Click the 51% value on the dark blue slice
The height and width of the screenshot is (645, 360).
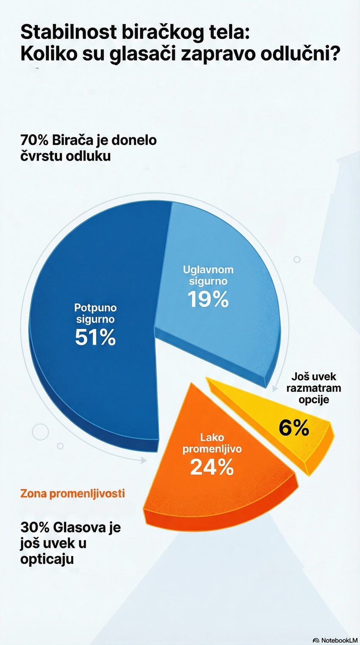(x=95, y=338)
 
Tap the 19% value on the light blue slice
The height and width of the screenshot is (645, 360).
(x=208, y=299)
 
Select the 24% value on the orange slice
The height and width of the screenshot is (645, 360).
(x=212, y=467)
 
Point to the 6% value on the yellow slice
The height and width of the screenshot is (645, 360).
(x=294, y=428)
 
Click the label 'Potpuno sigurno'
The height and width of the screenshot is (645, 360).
(x=95, y=313)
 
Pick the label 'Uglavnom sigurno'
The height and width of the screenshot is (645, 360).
(x=208, y=275)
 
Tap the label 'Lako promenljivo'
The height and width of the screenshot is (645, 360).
(x=212, y=443)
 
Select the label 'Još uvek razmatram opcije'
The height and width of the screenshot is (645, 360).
(x=313, y=388)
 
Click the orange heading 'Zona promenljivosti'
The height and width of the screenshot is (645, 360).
(x=72, y=493)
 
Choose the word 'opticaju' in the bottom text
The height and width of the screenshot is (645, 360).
(x=47, y=559)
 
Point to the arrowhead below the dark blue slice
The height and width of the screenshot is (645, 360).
(x=144, y=460)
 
